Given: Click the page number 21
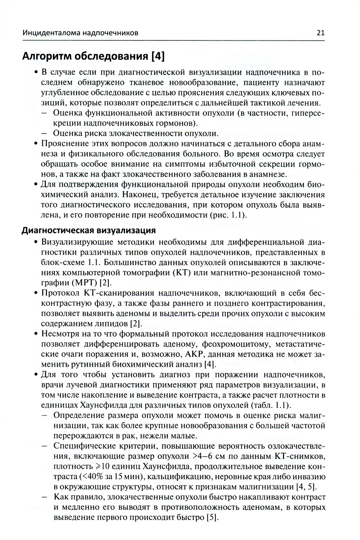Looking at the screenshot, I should coord(320,33).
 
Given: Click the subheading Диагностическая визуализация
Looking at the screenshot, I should coord(89,230).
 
